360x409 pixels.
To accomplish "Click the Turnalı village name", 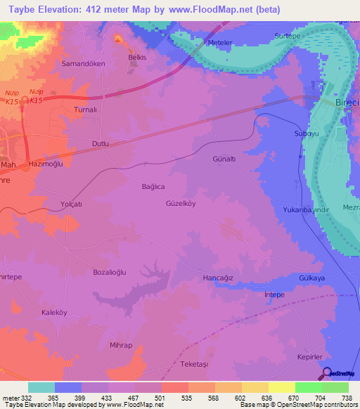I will [89, 111].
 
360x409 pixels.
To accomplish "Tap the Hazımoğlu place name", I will [46, 163].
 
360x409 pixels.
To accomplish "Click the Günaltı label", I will [226, 160].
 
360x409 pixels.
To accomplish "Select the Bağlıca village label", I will [153, 187].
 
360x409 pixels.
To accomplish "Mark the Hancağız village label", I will [217, 278].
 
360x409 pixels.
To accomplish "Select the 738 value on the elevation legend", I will [347, 398].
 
